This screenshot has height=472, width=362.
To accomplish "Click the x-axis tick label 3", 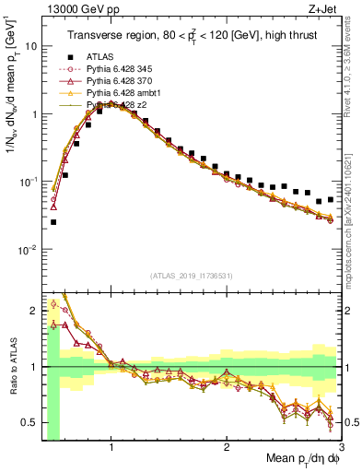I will (341, 446).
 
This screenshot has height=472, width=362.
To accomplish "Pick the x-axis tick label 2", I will (227, 446).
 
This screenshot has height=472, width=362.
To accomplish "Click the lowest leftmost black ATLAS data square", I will (53, 222).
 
